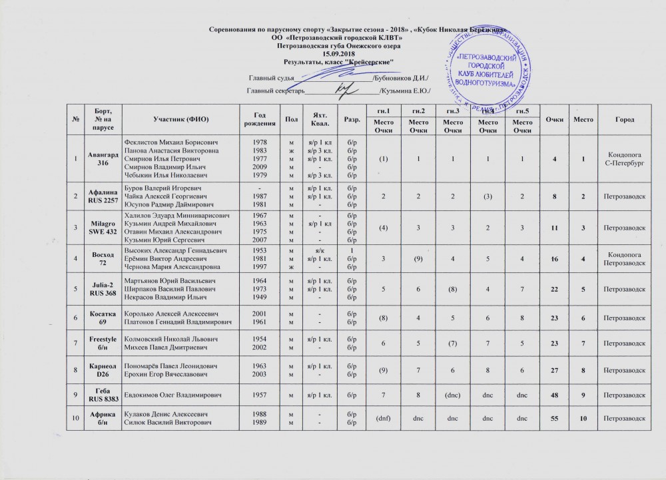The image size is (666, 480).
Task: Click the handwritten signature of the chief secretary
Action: pos(344,89)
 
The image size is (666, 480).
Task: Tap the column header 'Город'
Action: pos(625,119)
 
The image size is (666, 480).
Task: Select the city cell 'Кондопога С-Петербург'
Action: pos(625,159)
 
